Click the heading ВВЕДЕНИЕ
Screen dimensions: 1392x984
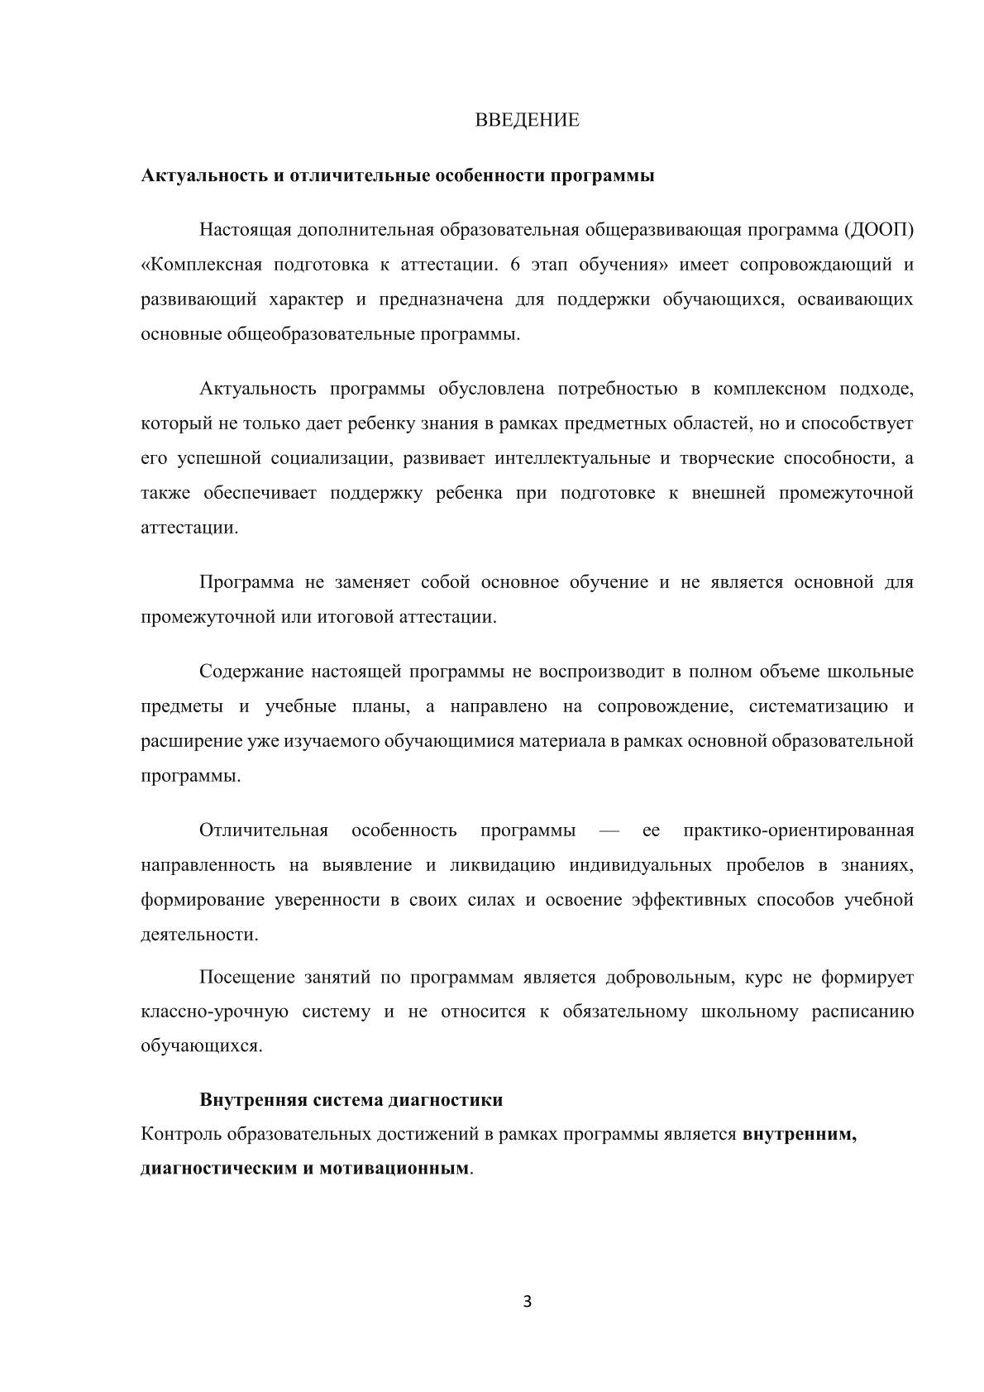coord(527,120)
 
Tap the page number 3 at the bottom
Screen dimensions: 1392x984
coord(528,1303)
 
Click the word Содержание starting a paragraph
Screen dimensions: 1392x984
coord(249,671)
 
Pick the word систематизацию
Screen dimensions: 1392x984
coord(819,706)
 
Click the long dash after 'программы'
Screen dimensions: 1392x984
coord(608,830)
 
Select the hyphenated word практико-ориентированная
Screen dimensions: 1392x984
coord(799,830)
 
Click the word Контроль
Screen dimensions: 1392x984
coord(180,1135)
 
